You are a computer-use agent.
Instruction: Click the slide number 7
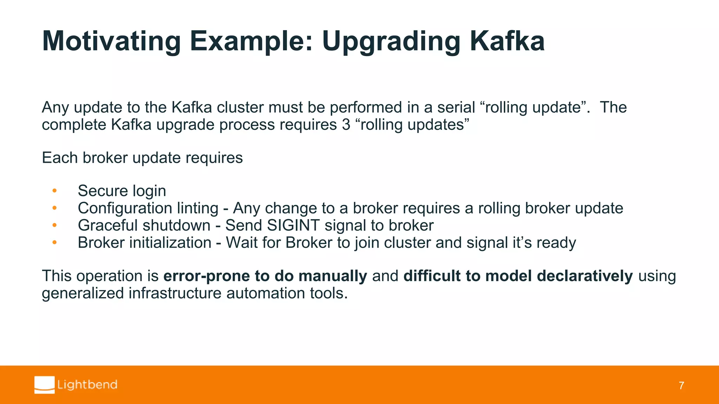tap(681, 386)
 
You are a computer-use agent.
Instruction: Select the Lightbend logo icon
tap(45, 385)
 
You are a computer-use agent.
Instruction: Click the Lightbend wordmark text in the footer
tap(87, 385)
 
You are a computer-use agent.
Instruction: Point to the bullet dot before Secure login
tap(54, 191)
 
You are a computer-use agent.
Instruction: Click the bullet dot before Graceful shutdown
tap(54, 225)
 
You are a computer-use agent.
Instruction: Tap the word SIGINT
tap(293, 225)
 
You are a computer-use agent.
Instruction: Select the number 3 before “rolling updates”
tap(346, 125)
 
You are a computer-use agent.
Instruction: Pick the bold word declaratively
tap(585, 276)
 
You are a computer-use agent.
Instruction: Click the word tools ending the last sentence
tap(329, 293)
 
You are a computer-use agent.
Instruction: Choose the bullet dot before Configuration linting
tap(54, 208)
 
